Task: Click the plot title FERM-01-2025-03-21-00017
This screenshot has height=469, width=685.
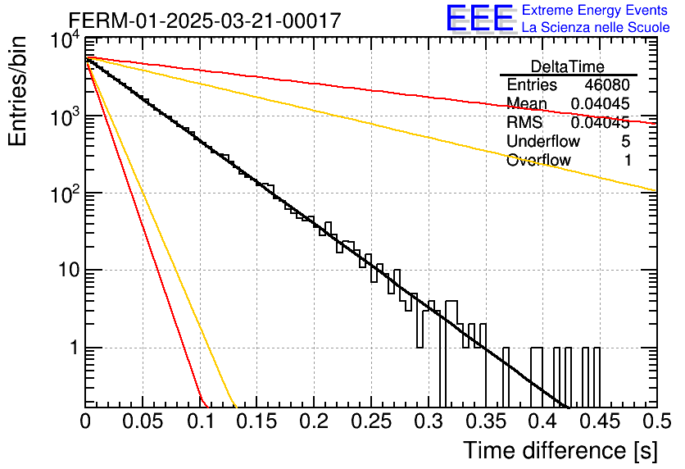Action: tap(205, 20)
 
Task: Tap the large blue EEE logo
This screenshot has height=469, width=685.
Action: tap(480, 18)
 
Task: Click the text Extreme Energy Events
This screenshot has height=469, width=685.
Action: tap(595, 10)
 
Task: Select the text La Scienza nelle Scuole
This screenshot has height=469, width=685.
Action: tap(596, 27)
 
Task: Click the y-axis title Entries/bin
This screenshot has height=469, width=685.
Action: tap(17, 91)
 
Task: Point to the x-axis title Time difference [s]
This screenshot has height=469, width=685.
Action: tap(560, 451)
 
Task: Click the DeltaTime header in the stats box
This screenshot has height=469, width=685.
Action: tap(568, 66)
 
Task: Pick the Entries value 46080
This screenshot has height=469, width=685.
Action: tap(607, 84)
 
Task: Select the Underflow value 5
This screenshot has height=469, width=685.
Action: tap(625, 141)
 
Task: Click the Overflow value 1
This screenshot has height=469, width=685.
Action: tap(628, 160)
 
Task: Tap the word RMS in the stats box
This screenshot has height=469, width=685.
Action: tap(524, 122)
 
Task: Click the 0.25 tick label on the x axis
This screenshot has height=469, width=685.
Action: tap(371, 421)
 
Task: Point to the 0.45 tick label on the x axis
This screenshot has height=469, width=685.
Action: tap(600, 421)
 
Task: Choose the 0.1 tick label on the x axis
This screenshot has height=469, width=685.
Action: tap(200, 421)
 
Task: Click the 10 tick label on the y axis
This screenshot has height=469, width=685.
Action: tap(69, 270)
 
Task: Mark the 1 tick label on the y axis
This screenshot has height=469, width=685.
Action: tap(75, 348)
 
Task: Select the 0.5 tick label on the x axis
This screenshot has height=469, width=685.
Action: tap(657, 421)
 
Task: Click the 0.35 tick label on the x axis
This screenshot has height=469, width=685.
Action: tap(486, 421)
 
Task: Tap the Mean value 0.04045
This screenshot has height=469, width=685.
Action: tap(601, 103)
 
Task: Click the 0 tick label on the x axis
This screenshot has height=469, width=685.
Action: tap(85, 421)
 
